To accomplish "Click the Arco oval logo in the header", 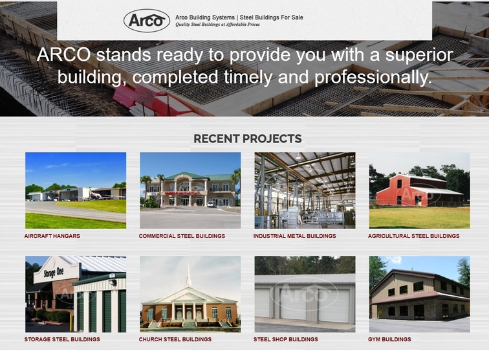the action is tap(147, 21).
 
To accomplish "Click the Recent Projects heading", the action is tap(248, 139).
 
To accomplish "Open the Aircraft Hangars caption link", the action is tap(52, 236).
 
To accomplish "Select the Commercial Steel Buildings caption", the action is tap(182, 236).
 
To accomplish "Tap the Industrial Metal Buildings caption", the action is tap(295, 236).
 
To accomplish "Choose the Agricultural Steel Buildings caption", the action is tap(413, 236).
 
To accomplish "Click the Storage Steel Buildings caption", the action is tap(62, 339).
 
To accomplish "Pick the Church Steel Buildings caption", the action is tap(175, 339).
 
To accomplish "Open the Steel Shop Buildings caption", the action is tap(286, 339).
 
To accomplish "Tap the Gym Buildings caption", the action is tap(389, 339).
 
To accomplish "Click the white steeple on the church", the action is tap(188, 275).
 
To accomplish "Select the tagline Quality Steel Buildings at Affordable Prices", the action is tap(217, 25).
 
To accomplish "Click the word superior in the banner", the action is tap(419, 55).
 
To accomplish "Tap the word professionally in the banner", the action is tap(373, 78).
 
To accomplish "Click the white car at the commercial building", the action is tap(212, 204).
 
